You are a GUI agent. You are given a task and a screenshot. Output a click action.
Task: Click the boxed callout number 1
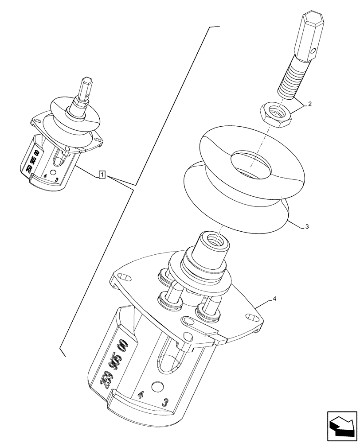point(102,174)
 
